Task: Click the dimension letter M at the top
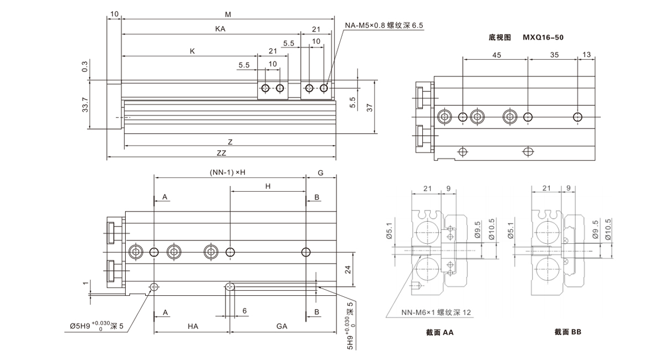228,13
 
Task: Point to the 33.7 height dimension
85,105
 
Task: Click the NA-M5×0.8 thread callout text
383,25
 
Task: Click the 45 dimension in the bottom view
497,55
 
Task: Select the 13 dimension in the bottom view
587,55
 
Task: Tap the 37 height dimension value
369,107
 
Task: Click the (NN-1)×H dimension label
227,173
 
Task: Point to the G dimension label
320,173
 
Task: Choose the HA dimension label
192,327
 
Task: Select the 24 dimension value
349,269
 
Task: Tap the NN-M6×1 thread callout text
436,313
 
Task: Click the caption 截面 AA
437,332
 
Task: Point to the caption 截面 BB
567,332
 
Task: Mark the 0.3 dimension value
85,66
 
